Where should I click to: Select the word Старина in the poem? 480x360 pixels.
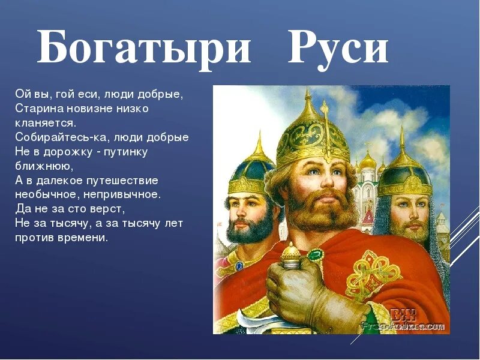coord(37,109)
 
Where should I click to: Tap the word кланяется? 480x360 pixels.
coord(46,122)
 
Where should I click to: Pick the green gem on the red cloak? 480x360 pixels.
coord(315,255)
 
